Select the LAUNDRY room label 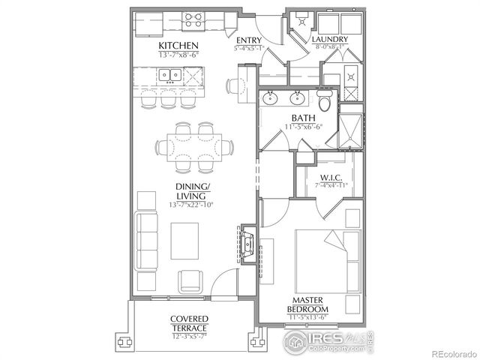331,39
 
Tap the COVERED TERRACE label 188,323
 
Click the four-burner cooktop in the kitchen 192,20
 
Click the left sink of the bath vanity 270,98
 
